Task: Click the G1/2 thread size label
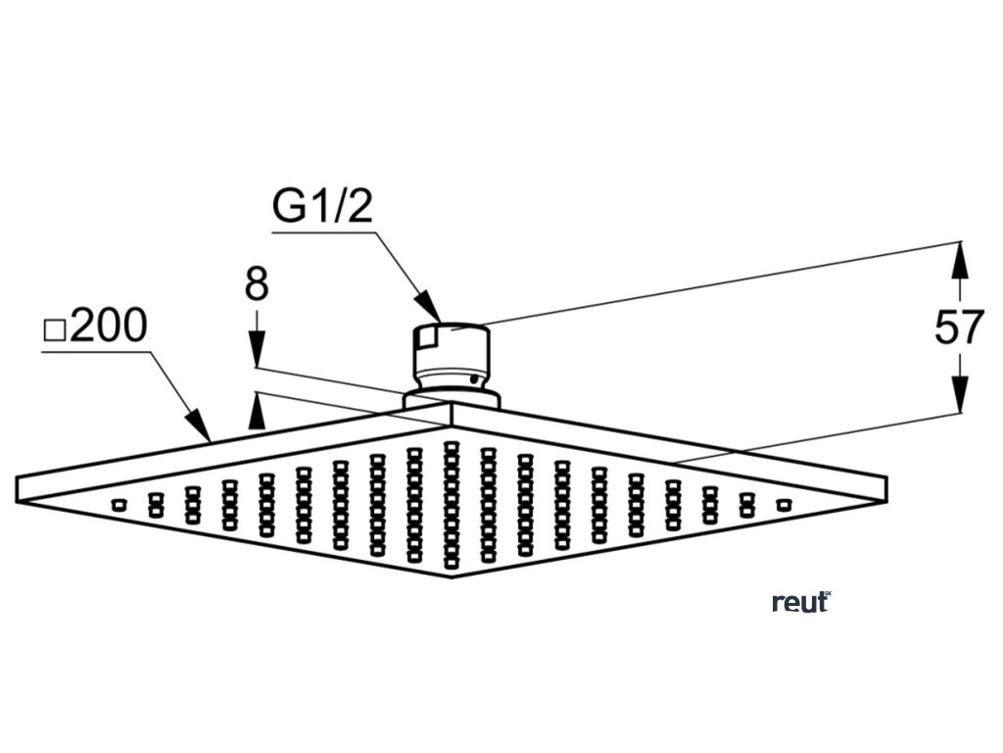pyautogui.click(x=322, y=207)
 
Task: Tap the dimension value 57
pyautogui.click(x=957, y=327)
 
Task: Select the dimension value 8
pyautogui.click(x=257, y=286)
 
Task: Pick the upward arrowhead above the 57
pyautogui.click(x=960, y=257)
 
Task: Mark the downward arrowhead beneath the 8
pyautogui.click(x=257, y=354)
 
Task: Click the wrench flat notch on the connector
pyautogui.click(x=424, y=339)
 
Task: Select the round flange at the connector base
pyautogui.click(x=452, y=398)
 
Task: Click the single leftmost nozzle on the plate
pyautogui.click(x=119, y=504)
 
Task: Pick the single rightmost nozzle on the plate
pyautogui.click(x=782, y=504)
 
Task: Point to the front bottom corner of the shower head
pyautogui.click(x=452, y=576)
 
